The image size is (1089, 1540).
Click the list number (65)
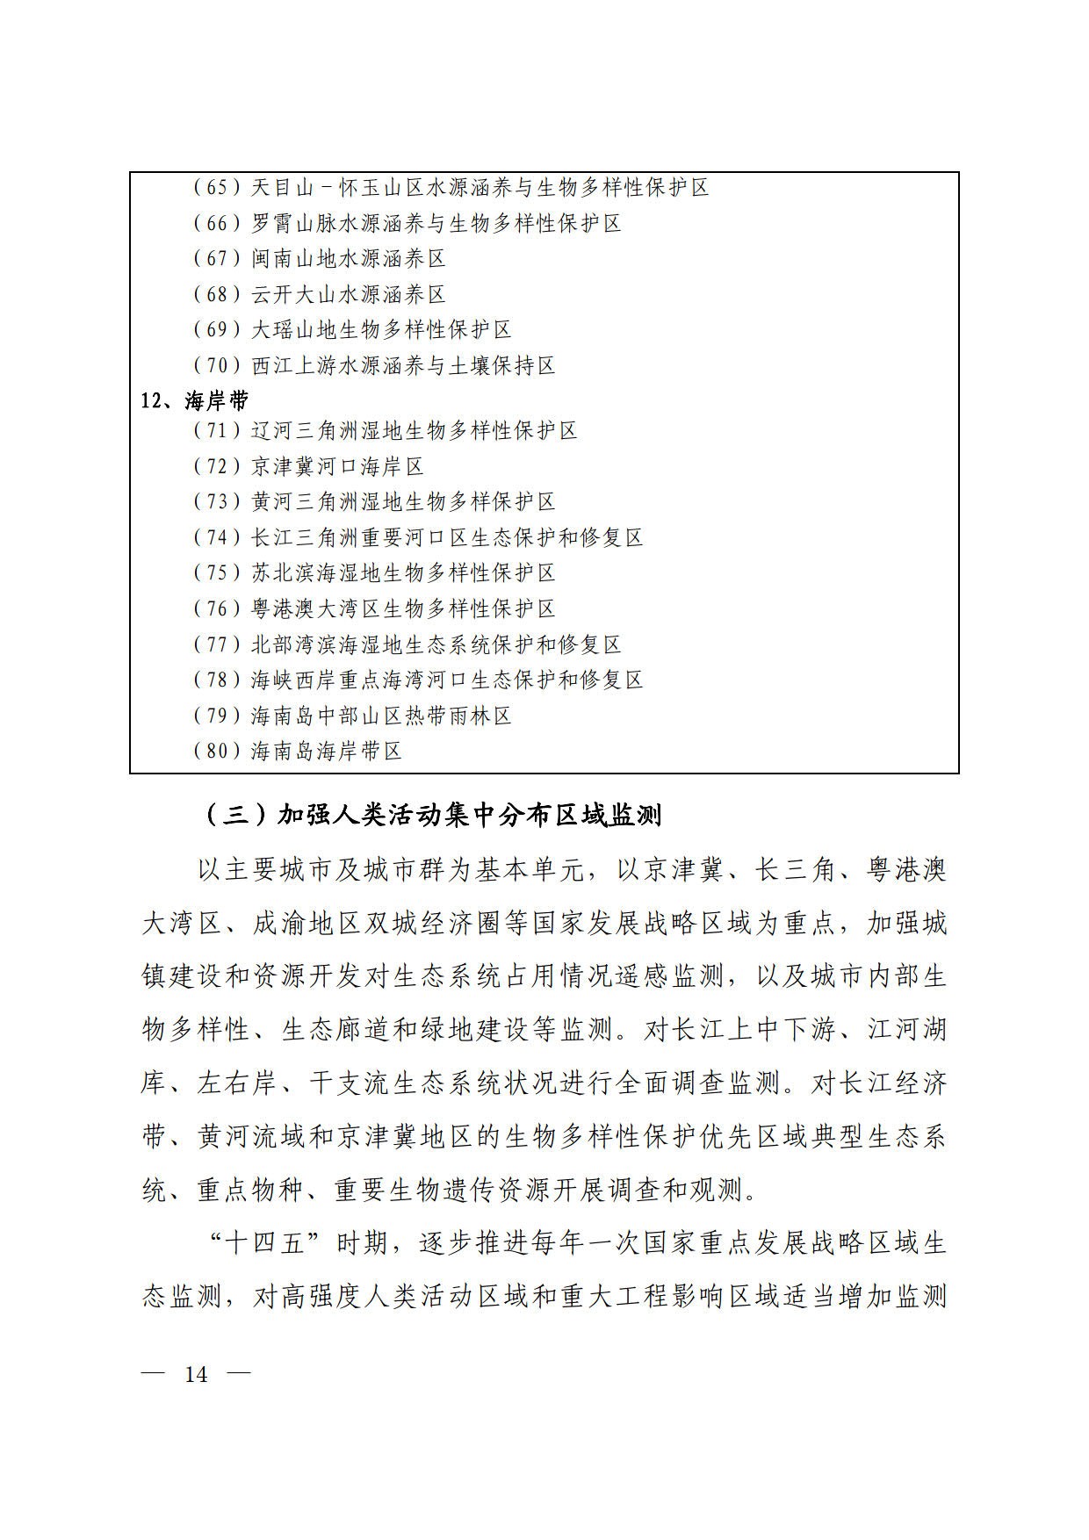pyautogui.click(x=216, y=187)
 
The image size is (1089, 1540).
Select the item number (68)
pyautogui.click(x=216, y=294)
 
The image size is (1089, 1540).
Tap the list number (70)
pyautogui.click(x=216, y=365)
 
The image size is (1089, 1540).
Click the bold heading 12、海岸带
pyautogui.click(x=195, y=401)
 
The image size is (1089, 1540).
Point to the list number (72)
pyautogui.click(x=216, y=466)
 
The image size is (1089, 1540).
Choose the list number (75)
pyautogui.click(x=216, y=573)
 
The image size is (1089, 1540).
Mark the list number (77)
pyautogui.click(x=216, y=644)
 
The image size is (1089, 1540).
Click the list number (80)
pyautogui.click(x=216, y=751)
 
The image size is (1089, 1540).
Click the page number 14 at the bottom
pyautogui.click(x=197, y=1374)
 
